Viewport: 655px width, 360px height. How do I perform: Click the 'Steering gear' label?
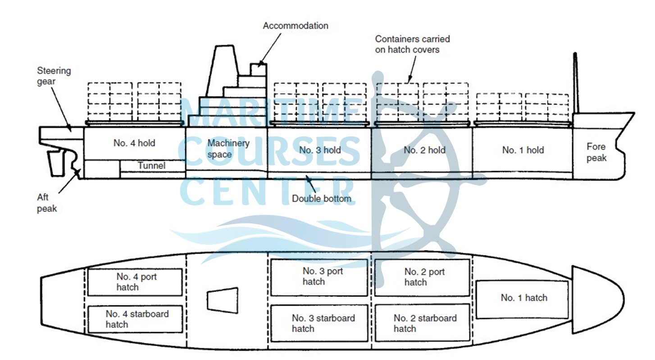(x=54, y=76)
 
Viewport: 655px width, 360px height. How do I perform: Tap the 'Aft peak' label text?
(x=47, y=204)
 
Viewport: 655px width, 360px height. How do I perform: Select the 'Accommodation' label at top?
(x=296, y=26)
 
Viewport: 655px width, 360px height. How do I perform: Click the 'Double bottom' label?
(x=321, y=198)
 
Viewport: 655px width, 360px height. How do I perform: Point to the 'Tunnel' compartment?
(x=152, y=165)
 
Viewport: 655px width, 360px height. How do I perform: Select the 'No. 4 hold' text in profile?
(x=134, y=143)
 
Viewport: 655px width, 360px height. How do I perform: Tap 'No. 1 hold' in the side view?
(x=523, y=150)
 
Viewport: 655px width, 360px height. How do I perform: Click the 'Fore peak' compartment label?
(x=596, y=152)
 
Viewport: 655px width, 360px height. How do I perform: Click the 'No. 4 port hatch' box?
(x=135, y=282)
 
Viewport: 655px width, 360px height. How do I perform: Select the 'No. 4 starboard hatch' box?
(x=135, y=319)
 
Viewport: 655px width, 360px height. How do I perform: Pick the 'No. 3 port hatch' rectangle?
(x=319, y=277)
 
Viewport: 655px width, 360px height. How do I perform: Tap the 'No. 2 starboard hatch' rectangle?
(x=422, y=323)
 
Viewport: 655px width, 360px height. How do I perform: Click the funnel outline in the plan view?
(x=222, y=299)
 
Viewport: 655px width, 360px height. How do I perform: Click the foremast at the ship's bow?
(x=575, y=83)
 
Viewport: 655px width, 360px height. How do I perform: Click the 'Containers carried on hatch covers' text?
(x=412, y=44)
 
